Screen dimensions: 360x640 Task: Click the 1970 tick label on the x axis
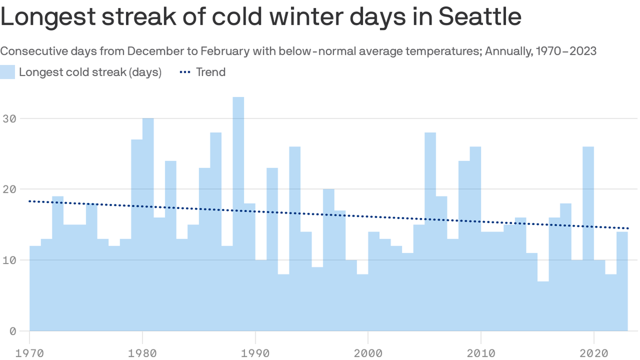pyautogui.click(x=30, y=352)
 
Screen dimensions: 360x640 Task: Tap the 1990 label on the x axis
pyautogui.click(x=255, y=352)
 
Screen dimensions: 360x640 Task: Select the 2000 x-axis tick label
pyautogui.click(x=368, y=352)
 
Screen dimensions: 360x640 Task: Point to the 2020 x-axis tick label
pyautogui.click(x=594, y=352)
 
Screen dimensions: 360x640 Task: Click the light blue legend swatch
pyautogui.click(x=7, y=72)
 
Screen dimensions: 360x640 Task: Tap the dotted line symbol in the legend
pyautogui.click(x=186, y=72)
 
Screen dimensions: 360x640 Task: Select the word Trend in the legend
pyautogui.click(x=211, y=72)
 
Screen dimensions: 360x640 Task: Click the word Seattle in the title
pyautogui.click(x=480, y=17)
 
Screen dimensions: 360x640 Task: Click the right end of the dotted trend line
pyautogui.click(x=628, y=228)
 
